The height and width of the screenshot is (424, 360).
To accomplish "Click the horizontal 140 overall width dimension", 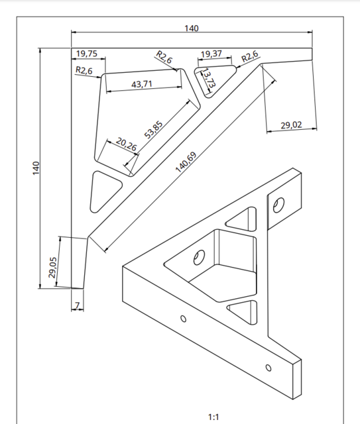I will click(x=191, y=28).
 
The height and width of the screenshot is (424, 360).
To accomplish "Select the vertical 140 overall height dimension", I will click(x=36, y=168).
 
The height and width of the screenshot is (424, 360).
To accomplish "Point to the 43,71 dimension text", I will click(x=142, y=84).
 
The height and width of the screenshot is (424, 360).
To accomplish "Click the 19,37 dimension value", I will click(x=211, y=54).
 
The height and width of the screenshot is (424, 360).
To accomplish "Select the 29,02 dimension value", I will click(x=291, y=125).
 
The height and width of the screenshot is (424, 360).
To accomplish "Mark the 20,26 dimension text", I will click(x=126, y=143).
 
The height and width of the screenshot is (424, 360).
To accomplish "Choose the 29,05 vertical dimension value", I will click(x=52, y=266).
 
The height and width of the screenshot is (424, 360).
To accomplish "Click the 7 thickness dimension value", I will click(x=77, y=305).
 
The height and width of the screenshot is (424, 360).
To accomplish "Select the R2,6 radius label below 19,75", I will click(x=84, y=70).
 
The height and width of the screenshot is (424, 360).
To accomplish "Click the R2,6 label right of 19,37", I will click(x=250, y=57).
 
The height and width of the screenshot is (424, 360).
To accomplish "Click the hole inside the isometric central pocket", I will click(x=198, y=256).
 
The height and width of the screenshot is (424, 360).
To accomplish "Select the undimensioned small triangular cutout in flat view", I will click(x=103, y=189).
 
